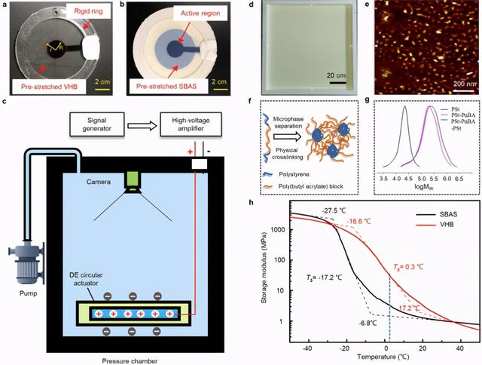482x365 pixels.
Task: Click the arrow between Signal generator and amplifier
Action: pos(140,121)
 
